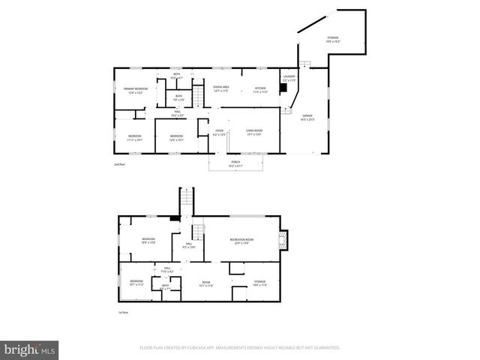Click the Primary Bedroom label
(x=136, y=91)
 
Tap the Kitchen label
(x=260, y=89)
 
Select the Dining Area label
(x=220, y=89)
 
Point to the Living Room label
(x=254, y=134)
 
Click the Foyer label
(x=219, y=134)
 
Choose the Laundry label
(x=289, y=78)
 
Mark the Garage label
(x=307, y=118)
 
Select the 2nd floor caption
(x=119, y=163)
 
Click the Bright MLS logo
(x=30, y=349)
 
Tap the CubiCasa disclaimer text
(x=240, y=348)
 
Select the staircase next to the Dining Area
(x=198, y=97)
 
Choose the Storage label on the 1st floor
(x=260, y=283)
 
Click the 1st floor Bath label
(x=165, y=286)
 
